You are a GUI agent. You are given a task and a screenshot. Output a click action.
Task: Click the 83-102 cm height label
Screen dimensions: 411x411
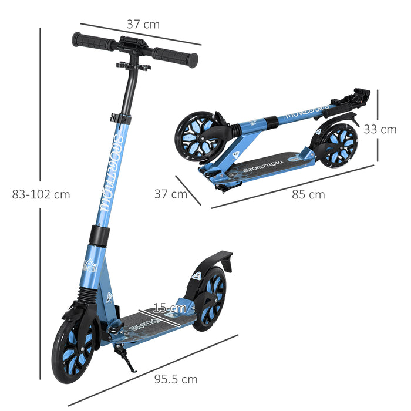(x=41, y=194)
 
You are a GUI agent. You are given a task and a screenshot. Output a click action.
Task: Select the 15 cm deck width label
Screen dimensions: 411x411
(x=170, y=307)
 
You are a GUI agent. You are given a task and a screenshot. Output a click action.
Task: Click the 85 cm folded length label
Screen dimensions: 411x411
(x=308, y=194)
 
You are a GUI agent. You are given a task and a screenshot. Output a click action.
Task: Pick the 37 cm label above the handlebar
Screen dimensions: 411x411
(x=143, y=24)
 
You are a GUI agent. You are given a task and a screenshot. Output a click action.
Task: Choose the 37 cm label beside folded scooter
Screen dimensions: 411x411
(x=171, y=194)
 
